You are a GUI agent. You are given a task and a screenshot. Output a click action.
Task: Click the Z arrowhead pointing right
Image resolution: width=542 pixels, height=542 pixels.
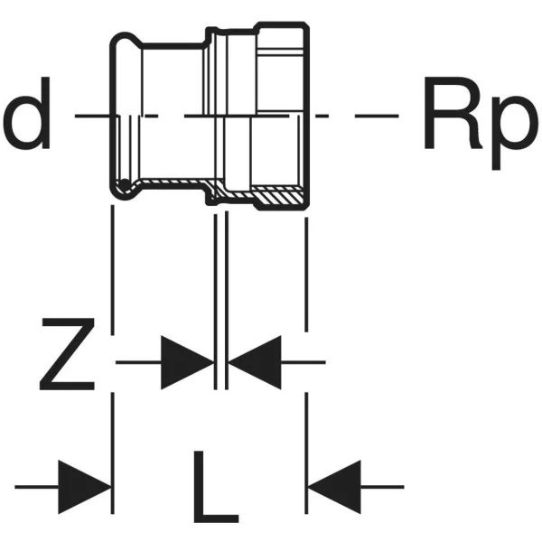tap(187, 362)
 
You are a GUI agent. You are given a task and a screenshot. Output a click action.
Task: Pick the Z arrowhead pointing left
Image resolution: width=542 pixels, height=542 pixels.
tap(254, 362)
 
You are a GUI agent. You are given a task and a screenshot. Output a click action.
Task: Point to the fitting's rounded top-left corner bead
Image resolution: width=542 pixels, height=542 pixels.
tap(117, 41)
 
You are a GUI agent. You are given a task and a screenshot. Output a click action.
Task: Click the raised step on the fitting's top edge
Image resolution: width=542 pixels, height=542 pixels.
tap(210, 34)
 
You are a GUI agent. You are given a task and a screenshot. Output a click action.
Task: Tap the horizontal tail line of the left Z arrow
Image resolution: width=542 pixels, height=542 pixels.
tap(139, 362)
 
